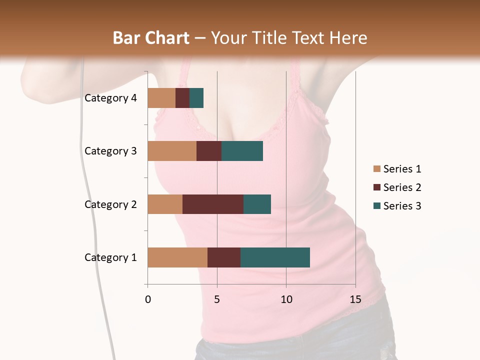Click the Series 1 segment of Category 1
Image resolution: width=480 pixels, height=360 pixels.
[177, 257]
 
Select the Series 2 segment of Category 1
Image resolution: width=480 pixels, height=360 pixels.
[224, 257]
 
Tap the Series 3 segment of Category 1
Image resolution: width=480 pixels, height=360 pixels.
[275, 257]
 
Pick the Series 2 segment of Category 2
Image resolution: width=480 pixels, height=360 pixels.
[213, 204]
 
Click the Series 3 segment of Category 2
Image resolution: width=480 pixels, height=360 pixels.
[257, 204]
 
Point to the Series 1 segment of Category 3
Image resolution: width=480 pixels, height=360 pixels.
[172, 151]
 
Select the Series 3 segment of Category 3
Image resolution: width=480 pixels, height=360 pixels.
[242, 151]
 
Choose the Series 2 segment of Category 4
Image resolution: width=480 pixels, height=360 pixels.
[182, 98]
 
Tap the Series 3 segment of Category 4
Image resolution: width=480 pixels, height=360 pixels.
[196, 98]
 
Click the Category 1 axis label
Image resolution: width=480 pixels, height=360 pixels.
[110, 257]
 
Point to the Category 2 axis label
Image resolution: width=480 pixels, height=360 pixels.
[110, 204]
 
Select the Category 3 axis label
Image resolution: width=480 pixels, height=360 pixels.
[110, 151]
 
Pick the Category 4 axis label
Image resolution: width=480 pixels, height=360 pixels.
[110, 98]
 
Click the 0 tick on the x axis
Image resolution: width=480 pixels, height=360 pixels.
[148, 299]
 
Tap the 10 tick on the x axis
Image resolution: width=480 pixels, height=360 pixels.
[286, 299]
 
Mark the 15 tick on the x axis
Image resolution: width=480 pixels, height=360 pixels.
[355, 299]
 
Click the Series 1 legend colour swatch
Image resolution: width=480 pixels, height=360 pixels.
[376, 169]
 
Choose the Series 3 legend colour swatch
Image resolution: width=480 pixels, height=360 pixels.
[376, 206]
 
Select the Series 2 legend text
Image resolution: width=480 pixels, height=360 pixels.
[402, 187]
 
